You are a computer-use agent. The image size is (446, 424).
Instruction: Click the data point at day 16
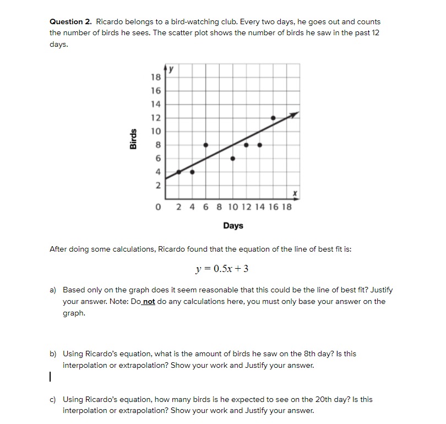(x=273, y=117)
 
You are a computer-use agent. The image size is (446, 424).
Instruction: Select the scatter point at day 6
(x=205, y=144)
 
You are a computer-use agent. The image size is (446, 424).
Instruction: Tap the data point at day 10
(x=232, y=158)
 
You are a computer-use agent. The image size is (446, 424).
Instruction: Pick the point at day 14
(x=259, y=145)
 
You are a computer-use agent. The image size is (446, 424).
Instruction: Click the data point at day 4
(x=192, y=171)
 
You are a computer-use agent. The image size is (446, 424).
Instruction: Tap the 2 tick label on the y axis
(x=157, y=186)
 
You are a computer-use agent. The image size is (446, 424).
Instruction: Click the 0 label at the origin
(x=159, y=208)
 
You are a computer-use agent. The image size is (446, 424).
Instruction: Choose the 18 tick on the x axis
(x=287, y=208)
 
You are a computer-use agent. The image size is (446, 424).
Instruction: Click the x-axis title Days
(x=233, y=226)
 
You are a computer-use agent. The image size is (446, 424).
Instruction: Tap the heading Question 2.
(x=71, y=22)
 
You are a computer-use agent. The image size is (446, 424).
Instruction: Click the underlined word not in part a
(x=149, y=301)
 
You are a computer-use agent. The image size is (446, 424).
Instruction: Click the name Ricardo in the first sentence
(x=110, y=22)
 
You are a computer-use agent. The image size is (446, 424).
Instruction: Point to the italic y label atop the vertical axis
(x=171, y=70)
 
